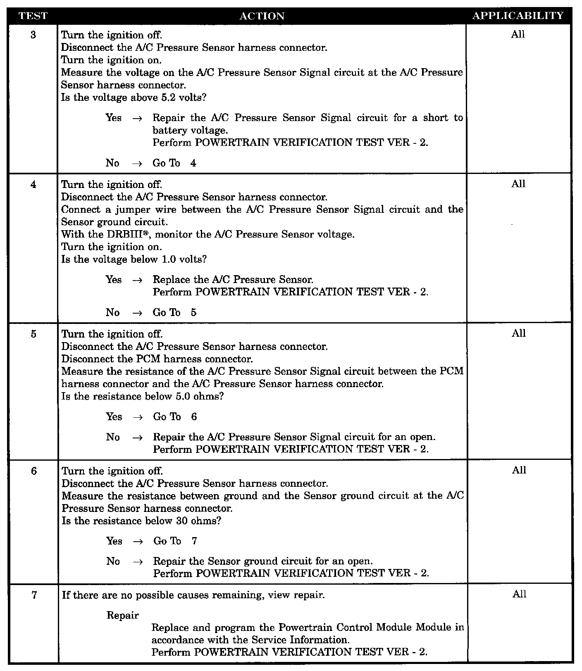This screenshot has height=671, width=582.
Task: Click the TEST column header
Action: click(x=33, y=16)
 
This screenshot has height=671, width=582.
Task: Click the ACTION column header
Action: click(x=262, y=16)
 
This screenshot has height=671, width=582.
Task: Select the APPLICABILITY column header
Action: click(x=518, y=16)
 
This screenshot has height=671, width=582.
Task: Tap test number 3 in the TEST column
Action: click(x=33, y=35)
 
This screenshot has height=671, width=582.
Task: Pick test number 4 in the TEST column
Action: click(x=33, y=184)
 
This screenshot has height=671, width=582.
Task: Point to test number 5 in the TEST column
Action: click(x=33, y=334)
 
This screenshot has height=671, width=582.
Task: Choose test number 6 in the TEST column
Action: click(x=33, y=471)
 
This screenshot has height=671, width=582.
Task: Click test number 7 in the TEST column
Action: click(x=34, y=595)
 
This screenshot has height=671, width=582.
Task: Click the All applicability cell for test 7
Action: click(x=519, y=594)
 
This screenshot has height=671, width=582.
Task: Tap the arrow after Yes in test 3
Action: click(x=137, y=118)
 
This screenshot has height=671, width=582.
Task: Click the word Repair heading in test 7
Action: click(x=123, y=615)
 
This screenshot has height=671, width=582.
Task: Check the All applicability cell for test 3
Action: click(x=518, y=35)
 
